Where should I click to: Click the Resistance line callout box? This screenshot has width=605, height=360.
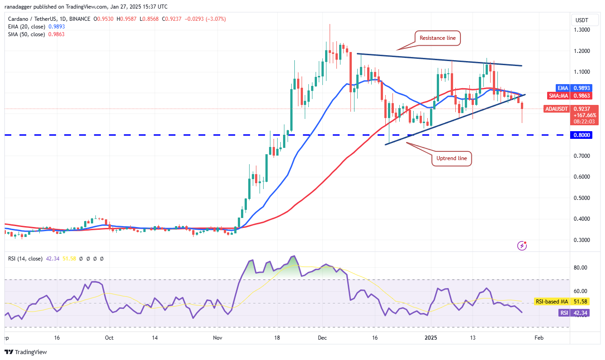click(438, 38)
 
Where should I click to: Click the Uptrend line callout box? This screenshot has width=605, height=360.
click(452, 158)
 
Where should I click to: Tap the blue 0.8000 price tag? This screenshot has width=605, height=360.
click(581, 135)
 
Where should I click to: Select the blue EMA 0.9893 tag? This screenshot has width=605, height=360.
click(574, 88)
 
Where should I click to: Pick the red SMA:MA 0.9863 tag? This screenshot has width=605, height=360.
click(570, 95)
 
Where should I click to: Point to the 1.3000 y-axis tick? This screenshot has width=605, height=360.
click(582, 30)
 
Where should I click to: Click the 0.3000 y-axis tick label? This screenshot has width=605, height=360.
click(582, 240)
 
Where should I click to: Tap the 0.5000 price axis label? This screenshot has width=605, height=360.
click(582, 198)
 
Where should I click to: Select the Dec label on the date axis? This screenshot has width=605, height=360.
click(322, 338)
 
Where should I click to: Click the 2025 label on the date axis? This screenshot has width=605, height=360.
click(431, 338)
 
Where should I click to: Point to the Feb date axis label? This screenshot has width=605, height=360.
click(539, 338)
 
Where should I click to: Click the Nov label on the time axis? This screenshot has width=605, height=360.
click(217, 338)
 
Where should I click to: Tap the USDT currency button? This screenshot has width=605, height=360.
click(582, 20)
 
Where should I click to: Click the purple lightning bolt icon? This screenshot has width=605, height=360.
click(522, 246)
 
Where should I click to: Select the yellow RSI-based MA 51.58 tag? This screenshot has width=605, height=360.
click(562, 301)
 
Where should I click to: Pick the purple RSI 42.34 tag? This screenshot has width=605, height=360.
click(574, 313)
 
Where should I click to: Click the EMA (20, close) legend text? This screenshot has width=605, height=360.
click(27, 27)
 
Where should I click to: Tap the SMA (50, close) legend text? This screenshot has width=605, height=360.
click(27, 34)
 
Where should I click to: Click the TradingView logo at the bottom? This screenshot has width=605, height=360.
click(26, 352)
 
